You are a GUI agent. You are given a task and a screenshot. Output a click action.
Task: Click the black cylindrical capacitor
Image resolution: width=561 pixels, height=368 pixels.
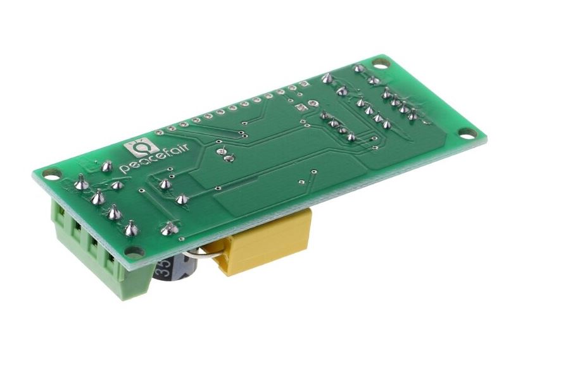(x=175, y=269)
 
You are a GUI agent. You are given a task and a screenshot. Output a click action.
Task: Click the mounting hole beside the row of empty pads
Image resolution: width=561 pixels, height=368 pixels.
(x=379, y=63)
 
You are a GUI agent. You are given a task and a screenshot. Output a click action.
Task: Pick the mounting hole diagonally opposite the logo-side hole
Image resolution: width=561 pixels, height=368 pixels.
(x=465, y=133)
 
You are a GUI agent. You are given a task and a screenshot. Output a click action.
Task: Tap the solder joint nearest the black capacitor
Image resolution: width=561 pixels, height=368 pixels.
(x=168, y=229)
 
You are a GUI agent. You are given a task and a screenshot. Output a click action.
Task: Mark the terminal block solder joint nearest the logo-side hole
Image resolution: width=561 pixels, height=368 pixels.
(x=81, y=184)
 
